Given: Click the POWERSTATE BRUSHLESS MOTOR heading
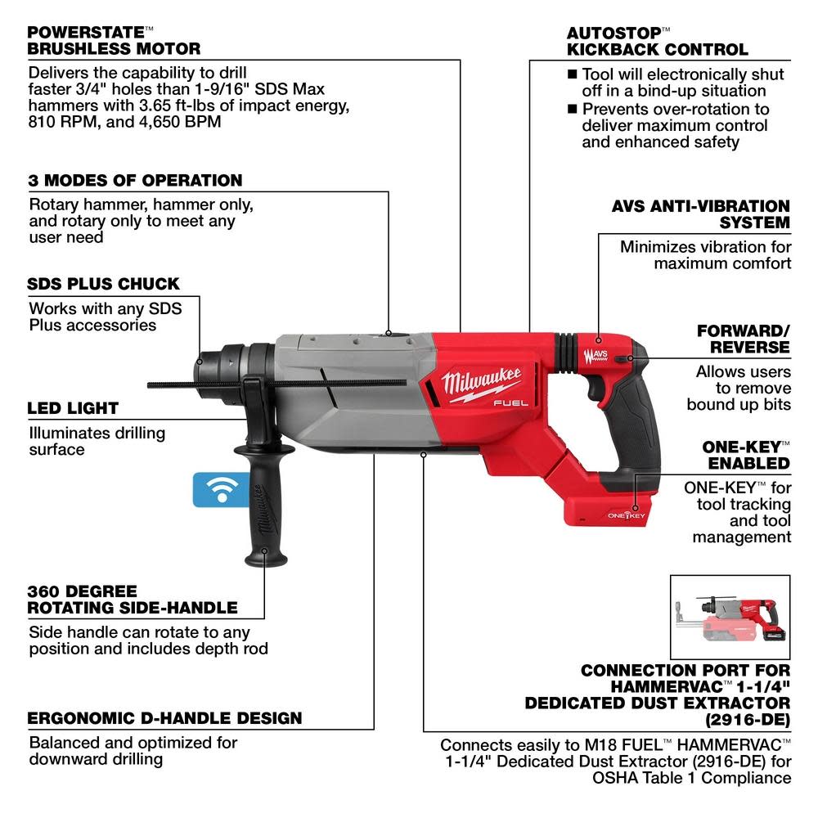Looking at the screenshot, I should coord(114,41).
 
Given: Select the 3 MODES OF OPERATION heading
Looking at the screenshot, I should coord(136,180).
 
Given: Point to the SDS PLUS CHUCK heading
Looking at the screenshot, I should coord(104,284).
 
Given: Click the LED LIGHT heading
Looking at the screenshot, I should coord(73,407).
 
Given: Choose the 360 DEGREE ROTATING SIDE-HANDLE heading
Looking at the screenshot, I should coord(133,599).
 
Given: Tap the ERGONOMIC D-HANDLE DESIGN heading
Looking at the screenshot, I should coord(164,718).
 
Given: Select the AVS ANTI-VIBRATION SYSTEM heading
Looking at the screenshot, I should coord(700,213).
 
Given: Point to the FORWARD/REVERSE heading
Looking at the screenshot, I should coord(743,339).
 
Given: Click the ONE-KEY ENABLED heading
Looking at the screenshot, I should coord(746,455).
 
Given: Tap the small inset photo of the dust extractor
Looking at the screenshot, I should coord(730,614).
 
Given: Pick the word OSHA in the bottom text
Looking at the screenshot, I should coord(613,777).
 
